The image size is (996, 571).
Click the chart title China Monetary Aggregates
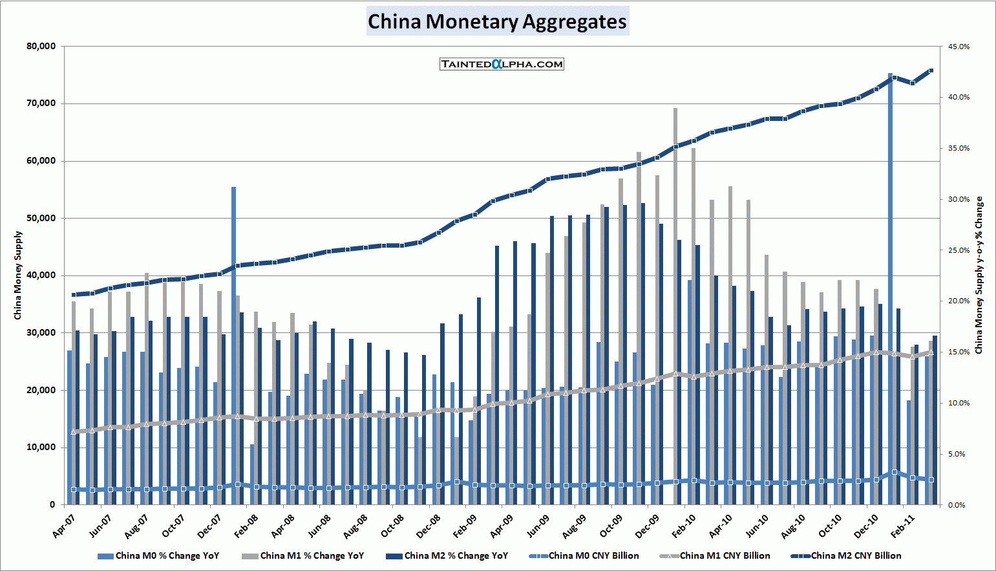(497, 21)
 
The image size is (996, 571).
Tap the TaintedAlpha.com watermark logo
(502, 64)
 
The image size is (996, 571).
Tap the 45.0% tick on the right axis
(959, 47)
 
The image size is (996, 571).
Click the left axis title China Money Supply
(18, 275)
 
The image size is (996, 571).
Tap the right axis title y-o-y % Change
(979, 275)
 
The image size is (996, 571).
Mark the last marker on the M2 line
(931, 70)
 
